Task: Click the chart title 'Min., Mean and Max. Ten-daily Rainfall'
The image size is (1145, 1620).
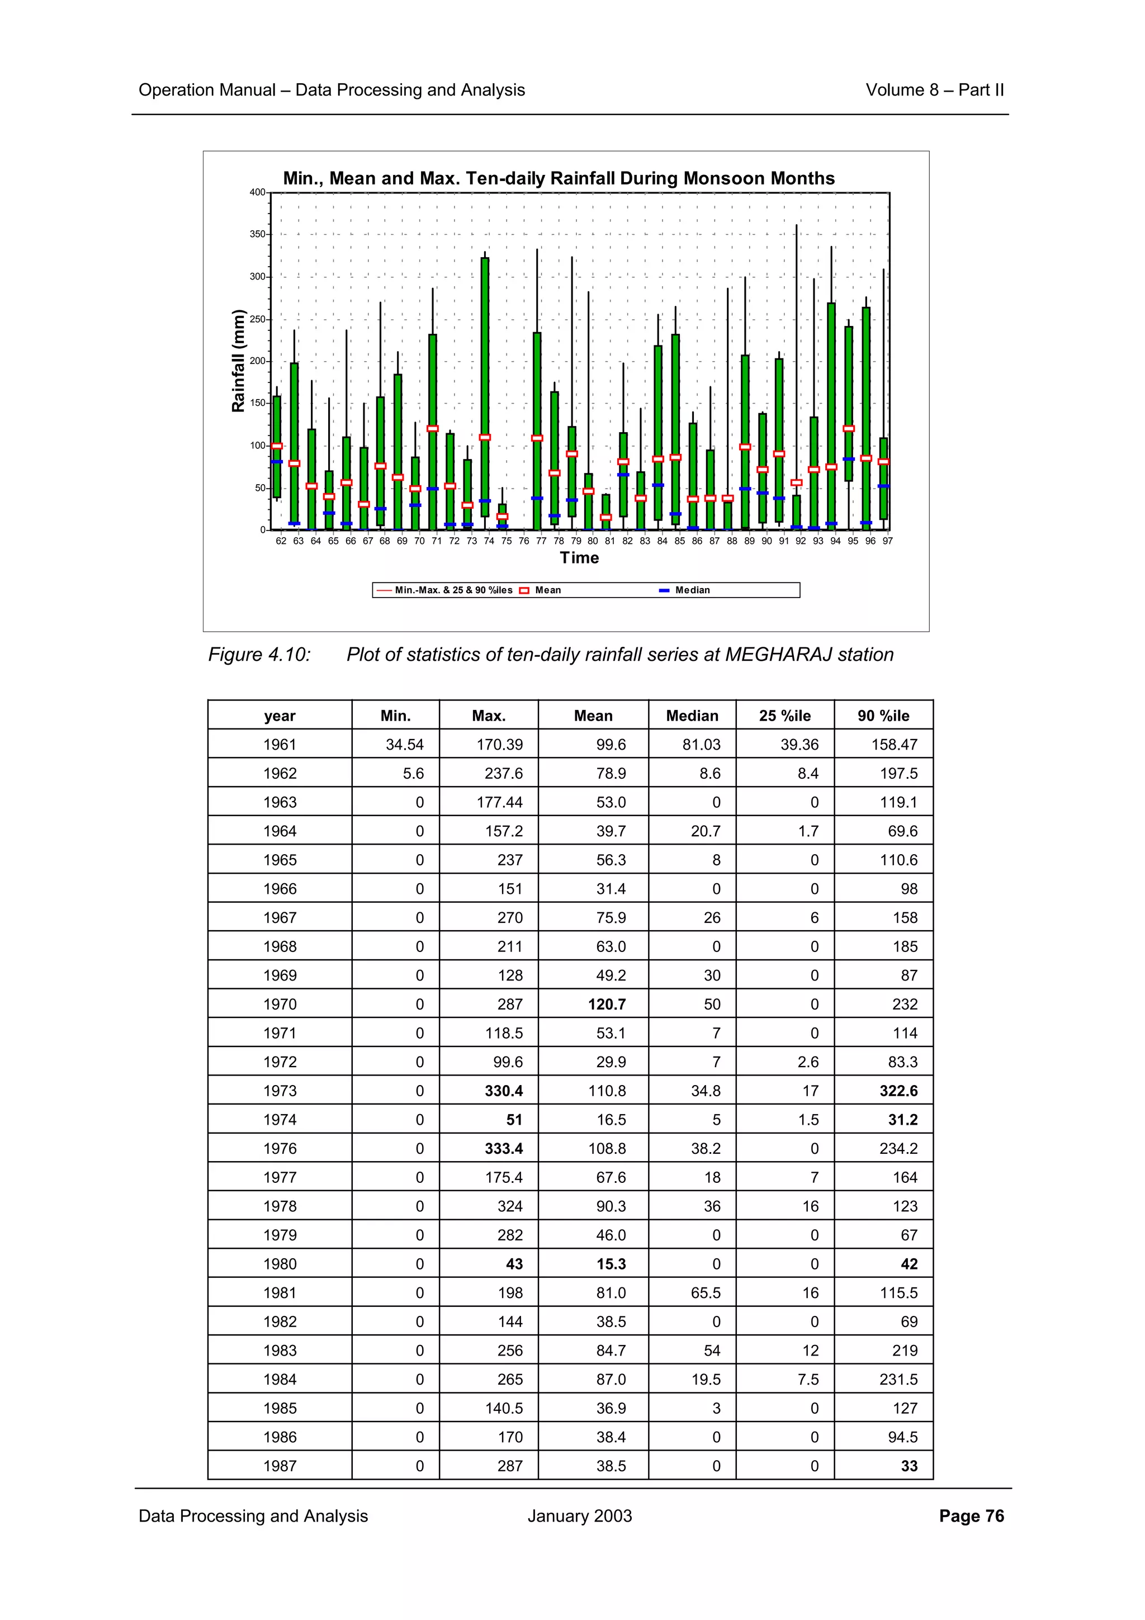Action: click(559, 178)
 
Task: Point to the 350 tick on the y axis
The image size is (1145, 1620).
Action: click(258, 234)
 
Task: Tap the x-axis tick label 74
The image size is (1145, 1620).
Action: click(489, 541)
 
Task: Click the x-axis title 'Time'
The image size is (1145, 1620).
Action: click(579, 558)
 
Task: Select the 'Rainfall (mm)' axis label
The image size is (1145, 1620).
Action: click(239, 361)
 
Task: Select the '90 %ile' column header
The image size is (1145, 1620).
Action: click(883, 716)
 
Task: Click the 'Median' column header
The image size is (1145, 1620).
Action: click(692, 716)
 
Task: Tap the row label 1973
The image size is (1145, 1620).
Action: click(280, 1091)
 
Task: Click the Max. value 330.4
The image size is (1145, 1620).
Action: click(504, 1091)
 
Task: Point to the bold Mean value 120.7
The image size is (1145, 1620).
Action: click(607, 1004)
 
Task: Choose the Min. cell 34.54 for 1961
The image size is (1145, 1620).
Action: click(405, 745)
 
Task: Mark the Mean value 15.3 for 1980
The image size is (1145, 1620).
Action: click(611, 1264)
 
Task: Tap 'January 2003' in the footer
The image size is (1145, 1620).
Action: click(579, 1516)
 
